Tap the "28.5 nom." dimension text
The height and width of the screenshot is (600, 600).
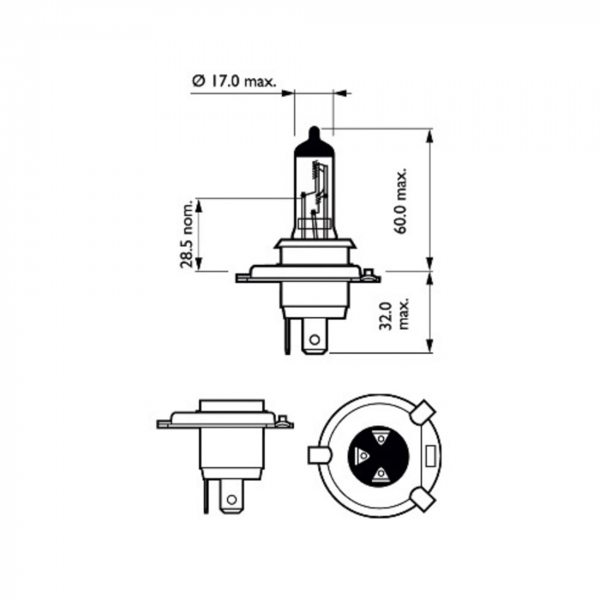click(187, 235)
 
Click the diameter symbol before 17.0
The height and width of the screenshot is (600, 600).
click(196, 82)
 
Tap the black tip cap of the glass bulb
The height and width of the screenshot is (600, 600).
click(315, 141)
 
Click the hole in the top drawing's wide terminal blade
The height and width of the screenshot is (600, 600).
click(315, 340)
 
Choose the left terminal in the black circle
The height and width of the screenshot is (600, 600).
click(362, 454)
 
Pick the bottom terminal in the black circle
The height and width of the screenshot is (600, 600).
click(378, 473)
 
